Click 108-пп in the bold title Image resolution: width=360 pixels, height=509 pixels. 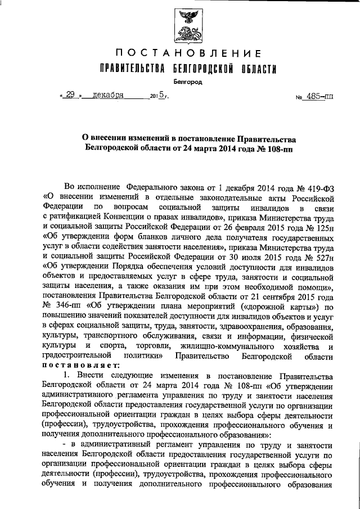(280, 150)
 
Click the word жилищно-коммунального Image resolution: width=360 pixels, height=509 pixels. (211, 346)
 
